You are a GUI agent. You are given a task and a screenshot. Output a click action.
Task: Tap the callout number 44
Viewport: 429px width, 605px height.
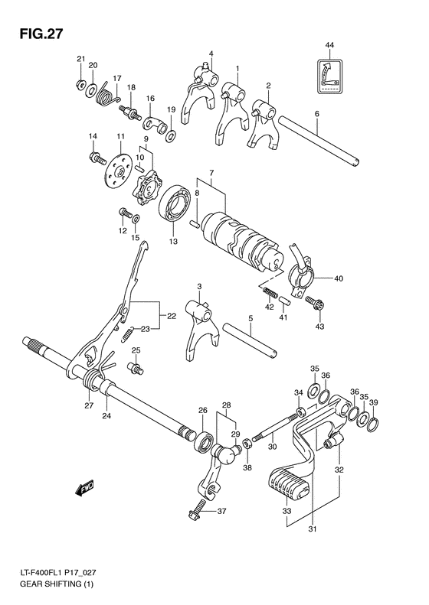point(329,47)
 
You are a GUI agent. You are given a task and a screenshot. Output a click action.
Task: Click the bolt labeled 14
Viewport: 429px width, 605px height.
point(97,158)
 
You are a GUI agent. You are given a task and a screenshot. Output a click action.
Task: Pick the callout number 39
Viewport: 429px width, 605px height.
point(373,402)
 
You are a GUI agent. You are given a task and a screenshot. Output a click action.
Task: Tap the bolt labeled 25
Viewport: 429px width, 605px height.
point(137,369)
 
